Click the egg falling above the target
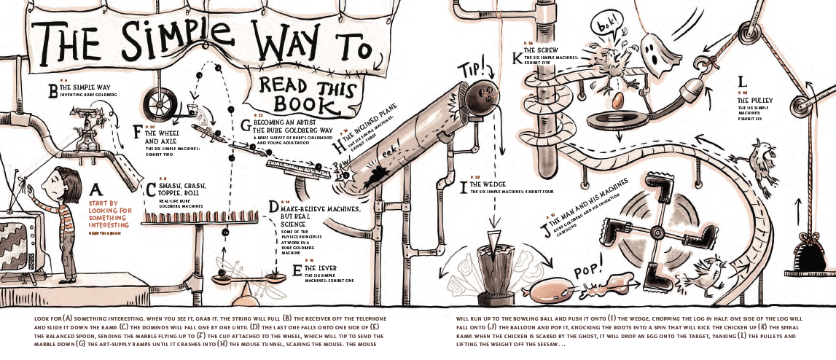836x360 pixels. click(x=616, y=98)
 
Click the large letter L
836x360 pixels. click(x=741, y=82)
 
